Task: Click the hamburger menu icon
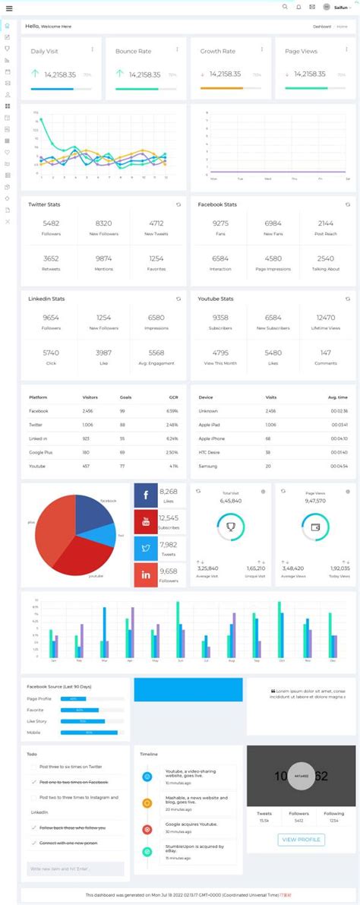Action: tap(9, 8)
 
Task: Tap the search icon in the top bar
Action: tap(285, 7)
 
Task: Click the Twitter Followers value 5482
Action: tap(51, 223)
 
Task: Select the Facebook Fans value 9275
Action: tap(220, 223)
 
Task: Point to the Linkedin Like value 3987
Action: tap(103, 353)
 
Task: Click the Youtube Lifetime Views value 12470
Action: tap(326, 318)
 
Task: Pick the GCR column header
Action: tap(173, 397)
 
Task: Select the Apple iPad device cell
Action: tap(210, 425)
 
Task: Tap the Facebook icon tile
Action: tap(146, 495)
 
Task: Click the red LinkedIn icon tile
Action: tap(146, 574)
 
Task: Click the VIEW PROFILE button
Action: tap(302, 840)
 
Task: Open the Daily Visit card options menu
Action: tap(93, 49)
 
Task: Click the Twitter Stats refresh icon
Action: tap(178, 204)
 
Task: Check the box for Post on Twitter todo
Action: tap(33, 767)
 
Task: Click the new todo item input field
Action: tap(74, 868)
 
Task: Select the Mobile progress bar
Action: tap(89, 733)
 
